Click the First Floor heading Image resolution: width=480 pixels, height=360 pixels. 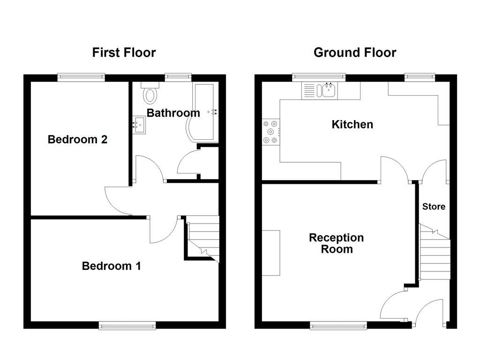pos(124,52)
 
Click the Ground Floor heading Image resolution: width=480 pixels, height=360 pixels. pos(355,52)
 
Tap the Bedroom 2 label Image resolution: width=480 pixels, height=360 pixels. pos(77,139)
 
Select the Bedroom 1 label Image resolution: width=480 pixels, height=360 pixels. pos(111,266)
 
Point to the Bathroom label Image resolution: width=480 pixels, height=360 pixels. pos(173,113)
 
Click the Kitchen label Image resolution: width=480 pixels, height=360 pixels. pos(352,124)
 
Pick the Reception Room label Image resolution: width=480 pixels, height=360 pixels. pos(336,243)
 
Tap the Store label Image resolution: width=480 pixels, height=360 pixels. pos(434,206)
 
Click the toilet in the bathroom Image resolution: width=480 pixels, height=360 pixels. pos(150,94)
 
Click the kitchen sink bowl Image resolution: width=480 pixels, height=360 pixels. pos(328,90)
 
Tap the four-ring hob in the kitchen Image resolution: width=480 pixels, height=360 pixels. pos(270,132)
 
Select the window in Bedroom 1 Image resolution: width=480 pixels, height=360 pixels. pos(127,325)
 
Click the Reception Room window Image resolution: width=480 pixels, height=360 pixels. pos(338,325)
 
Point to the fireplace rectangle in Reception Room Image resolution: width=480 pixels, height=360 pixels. pos(271,253)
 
